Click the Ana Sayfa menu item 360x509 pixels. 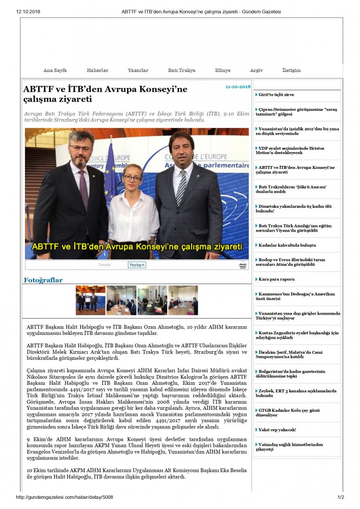tap(55, 71)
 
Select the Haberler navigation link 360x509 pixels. tap(97, 71)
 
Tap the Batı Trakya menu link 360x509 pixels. tap(181, 71)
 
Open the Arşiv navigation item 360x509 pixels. tap(256, 71)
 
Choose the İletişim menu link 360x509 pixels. tap(291, 71)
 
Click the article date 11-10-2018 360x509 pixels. tap(238, 87)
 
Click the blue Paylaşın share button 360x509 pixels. tap(137, 265)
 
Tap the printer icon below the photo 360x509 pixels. tap(243, 265)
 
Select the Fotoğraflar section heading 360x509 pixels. tap(43, 280)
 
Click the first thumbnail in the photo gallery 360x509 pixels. tap(90, 300)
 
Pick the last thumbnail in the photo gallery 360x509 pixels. tap(183, 300)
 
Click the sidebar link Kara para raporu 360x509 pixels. tap(276, 279)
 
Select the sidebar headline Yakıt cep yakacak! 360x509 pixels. tap(277, 430)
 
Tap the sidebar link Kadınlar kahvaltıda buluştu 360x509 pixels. tap(287, 245)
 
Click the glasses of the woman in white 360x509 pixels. tap(132, 178)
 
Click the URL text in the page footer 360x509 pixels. tap(64, 497)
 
